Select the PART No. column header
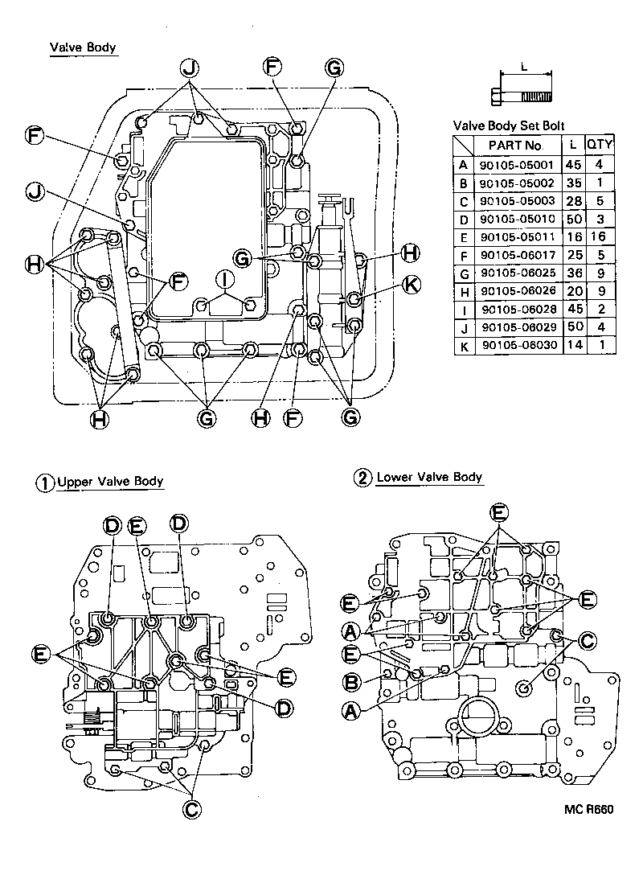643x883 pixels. pyautogui.click(x=510, y=146)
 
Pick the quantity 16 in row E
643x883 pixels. pyautogui.click(x=599, y=238)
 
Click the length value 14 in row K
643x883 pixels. pyautogui.click(x=571, y=345)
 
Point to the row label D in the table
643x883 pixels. pyautogui.click(x=462, y=220)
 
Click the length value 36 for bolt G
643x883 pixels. pyautogui.click(x=571, y=273)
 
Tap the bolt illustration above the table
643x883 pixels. pyautogui.click(x=520, y=97)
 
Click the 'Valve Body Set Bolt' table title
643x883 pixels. pyautogui.click(x=509, y=126)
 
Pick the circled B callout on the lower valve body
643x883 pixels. pyautogui.click(x=350, y=683)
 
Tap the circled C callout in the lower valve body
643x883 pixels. pyautogui.click(x=587, y=640)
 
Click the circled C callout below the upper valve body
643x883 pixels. pyautogui.click(x=191, y=808)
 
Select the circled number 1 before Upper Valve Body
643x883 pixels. pyautogui.click(x=45, y=483)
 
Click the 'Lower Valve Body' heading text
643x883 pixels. pyautogui.click(x=429, y=478)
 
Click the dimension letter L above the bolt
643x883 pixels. pyautogui.click(x=525, y=68)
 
